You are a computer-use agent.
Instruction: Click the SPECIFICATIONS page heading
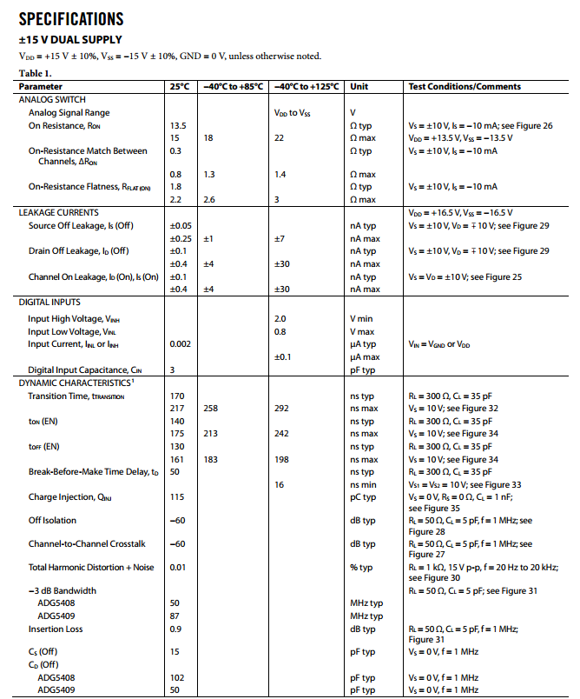71,18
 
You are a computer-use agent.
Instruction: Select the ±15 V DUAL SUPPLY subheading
70,40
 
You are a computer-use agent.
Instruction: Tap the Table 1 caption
36,73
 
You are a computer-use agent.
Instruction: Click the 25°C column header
181,87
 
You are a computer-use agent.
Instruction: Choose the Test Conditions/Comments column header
465,87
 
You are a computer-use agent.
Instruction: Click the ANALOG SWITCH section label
54,99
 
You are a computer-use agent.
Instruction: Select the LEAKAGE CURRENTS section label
59,213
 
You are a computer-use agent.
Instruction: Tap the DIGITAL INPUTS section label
49,303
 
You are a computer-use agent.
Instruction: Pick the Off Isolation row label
52,521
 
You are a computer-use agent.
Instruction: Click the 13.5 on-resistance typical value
178,125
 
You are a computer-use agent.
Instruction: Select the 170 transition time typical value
178,396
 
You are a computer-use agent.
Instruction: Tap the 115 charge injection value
178,497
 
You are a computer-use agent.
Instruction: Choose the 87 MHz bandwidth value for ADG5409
175,616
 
